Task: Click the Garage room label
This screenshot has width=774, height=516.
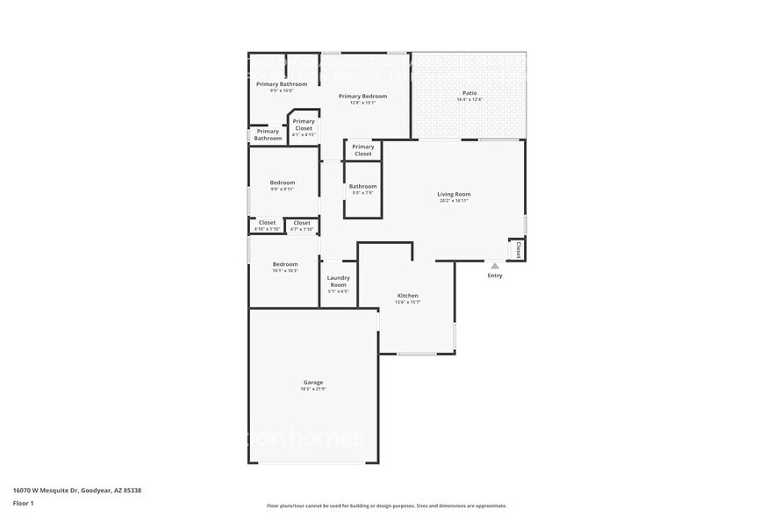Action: tap(313, 382)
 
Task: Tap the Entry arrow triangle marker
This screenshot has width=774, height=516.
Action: tap(495, 266)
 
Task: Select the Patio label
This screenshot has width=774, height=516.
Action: tap(469, 93)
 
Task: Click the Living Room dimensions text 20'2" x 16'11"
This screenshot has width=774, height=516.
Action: tap(454, 201)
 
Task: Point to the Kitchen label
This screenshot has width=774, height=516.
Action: tap(407, 296)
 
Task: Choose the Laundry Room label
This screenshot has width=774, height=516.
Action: tap(338, 281)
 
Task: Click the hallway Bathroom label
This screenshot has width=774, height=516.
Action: tap(362, 186)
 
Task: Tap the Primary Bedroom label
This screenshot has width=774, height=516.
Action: tap(362, 96)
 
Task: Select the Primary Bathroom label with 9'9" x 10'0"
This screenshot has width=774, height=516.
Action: tap(282, 84)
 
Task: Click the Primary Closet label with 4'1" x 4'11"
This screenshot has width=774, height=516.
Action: tap(304, 125)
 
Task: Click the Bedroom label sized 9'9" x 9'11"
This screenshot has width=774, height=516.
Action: tap(282, 183)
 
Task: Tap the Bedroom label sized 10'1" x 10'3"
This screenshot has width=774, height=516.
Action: tap(284, 264)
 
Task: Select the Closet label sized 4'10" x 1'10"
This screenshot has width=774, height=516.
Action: tap(267, 223)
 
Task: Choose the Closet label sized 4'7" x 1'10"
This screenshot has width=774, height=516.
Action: tap(301, 223)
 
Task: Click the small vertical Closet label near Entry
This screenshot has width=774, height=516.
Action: tap(518, 251)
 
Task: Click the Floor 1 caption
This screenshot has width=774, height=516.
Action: tap(23, 503)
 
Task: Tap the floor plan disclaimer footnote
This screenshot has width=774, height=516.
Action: tap(386, 505)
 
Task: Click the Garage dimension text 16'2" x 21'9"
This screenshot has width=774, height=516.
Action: tap(313, 389)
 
